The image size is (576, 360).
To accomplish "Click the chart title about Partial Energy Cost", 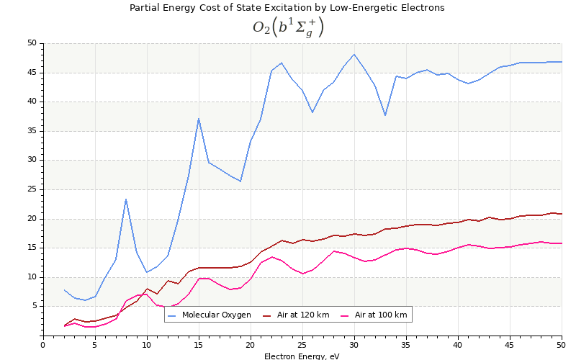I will click(x=287, y=8).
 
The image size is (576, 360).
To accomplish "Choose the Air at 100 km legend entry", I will click(x=380, y=315).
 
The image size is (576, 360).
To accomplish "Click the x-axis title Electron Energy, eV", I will click(x=302, y=356).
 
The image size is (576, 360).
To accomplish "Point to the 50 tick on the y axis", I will click(x=32, y=43).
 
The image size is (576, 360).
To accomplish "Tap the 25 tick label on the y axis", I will click(x=32, y=189).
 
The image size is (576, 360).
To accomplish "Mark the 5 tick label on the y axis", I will click(x=34, y=306).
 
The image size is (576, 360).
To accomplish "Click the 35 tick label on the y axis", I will click(x=32, y=131).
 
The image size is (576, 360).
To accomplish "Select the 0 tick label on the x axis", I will click(x=43, y=344).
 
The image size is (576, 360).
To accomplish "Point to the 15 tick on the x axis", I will click(x=199, y=344).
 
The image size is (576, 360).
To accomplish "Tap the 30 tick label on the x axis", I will click(x=354, y=344).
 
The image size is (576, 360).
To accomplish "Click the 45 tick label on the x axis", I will click(x=510, y=344).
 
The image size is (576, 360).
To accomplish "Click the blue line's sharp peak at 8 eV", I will click(x=126, y=199).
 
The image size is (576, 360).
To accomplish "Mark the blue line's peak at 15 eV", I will click(x=199, y=119).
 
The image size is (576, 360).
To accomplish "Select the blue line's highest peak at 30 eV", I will click(x=354, y=54).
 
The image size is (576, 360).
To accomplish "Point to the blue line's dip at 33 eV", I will click(x=385, y=115).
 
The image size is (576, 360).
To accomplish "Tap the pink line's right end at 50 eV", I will click(x=561, y=243).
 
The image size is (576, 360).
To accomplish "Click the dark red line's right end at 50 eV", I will click(x=561, y=214).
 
